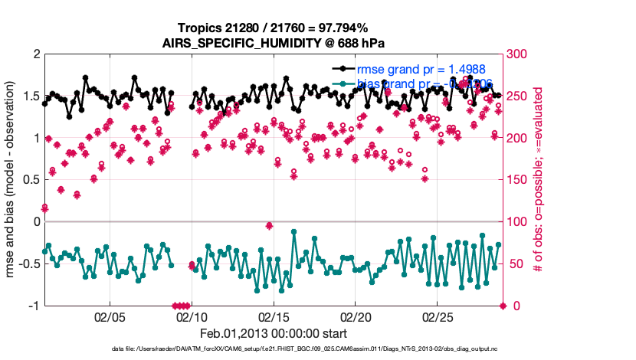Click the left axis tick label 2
tap(35, 55)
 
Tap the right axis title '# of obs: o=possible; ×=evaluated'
tap(539, 180)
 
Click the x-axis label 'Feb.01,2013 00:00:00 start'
tap(273, 333)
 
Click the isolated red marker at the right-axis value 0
tap(503, 306)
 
